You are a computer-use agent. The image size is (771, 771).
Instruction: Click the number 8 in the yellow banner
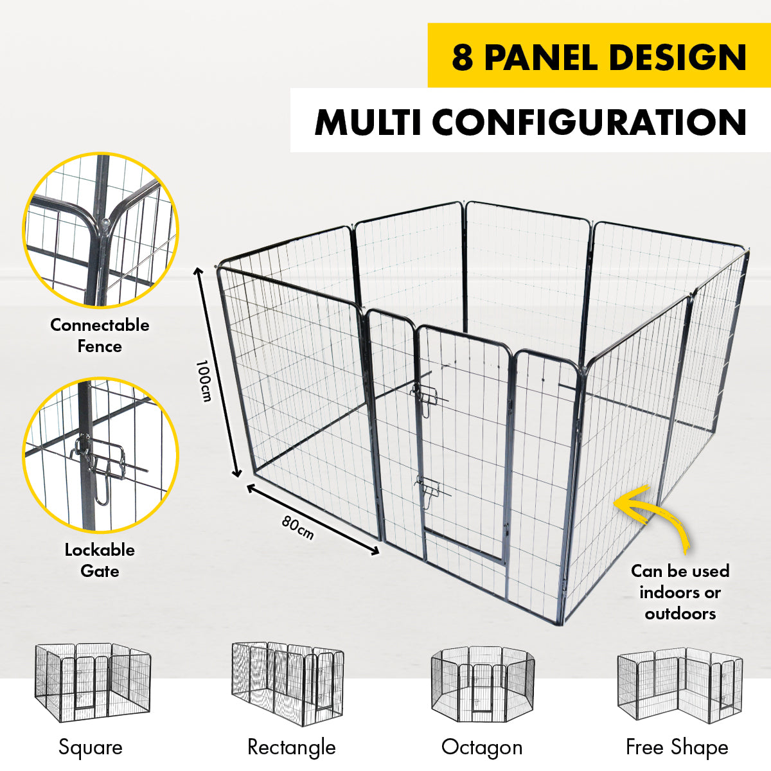(x=463, y=58)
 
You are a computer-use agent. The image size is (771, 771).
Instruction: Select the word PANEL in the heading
(x=541, y=58)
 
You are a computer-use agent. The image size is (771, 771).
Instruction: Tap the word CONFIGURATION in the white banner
(x=589, y=122)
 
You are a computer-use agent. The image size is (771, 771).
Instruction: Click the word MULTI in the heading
(x=368, y=122)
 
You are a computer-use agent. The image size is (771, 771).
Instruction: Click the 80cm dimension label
(x=298, y=527)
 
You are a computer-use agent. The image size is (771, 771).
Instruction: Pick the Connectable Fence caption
(x=100, y=335)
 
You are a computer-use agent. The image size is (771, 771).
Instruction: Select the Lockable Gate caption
(x=100, y=560)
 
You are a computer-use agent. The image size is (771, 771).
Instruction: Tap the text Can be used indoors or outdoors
(x=680, y=592)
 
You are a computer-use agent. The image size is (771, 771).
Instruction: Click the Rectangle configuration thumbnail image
(x=287, y=682)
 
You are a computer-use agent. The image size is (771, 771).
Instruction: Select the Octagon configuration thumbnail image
(x=482, y=684)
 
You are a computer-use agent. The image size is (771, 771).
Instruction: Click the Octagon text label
(x=482, y=747)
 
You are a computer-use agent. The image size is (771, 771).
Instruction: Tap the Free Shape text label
(x=677, y=747)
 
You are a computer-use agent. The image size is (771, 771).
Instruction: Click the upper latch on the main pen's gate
(x=426, y=394)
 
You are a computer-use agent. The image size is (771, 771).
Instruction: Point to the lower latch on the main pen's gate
(x=429, y=491)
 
